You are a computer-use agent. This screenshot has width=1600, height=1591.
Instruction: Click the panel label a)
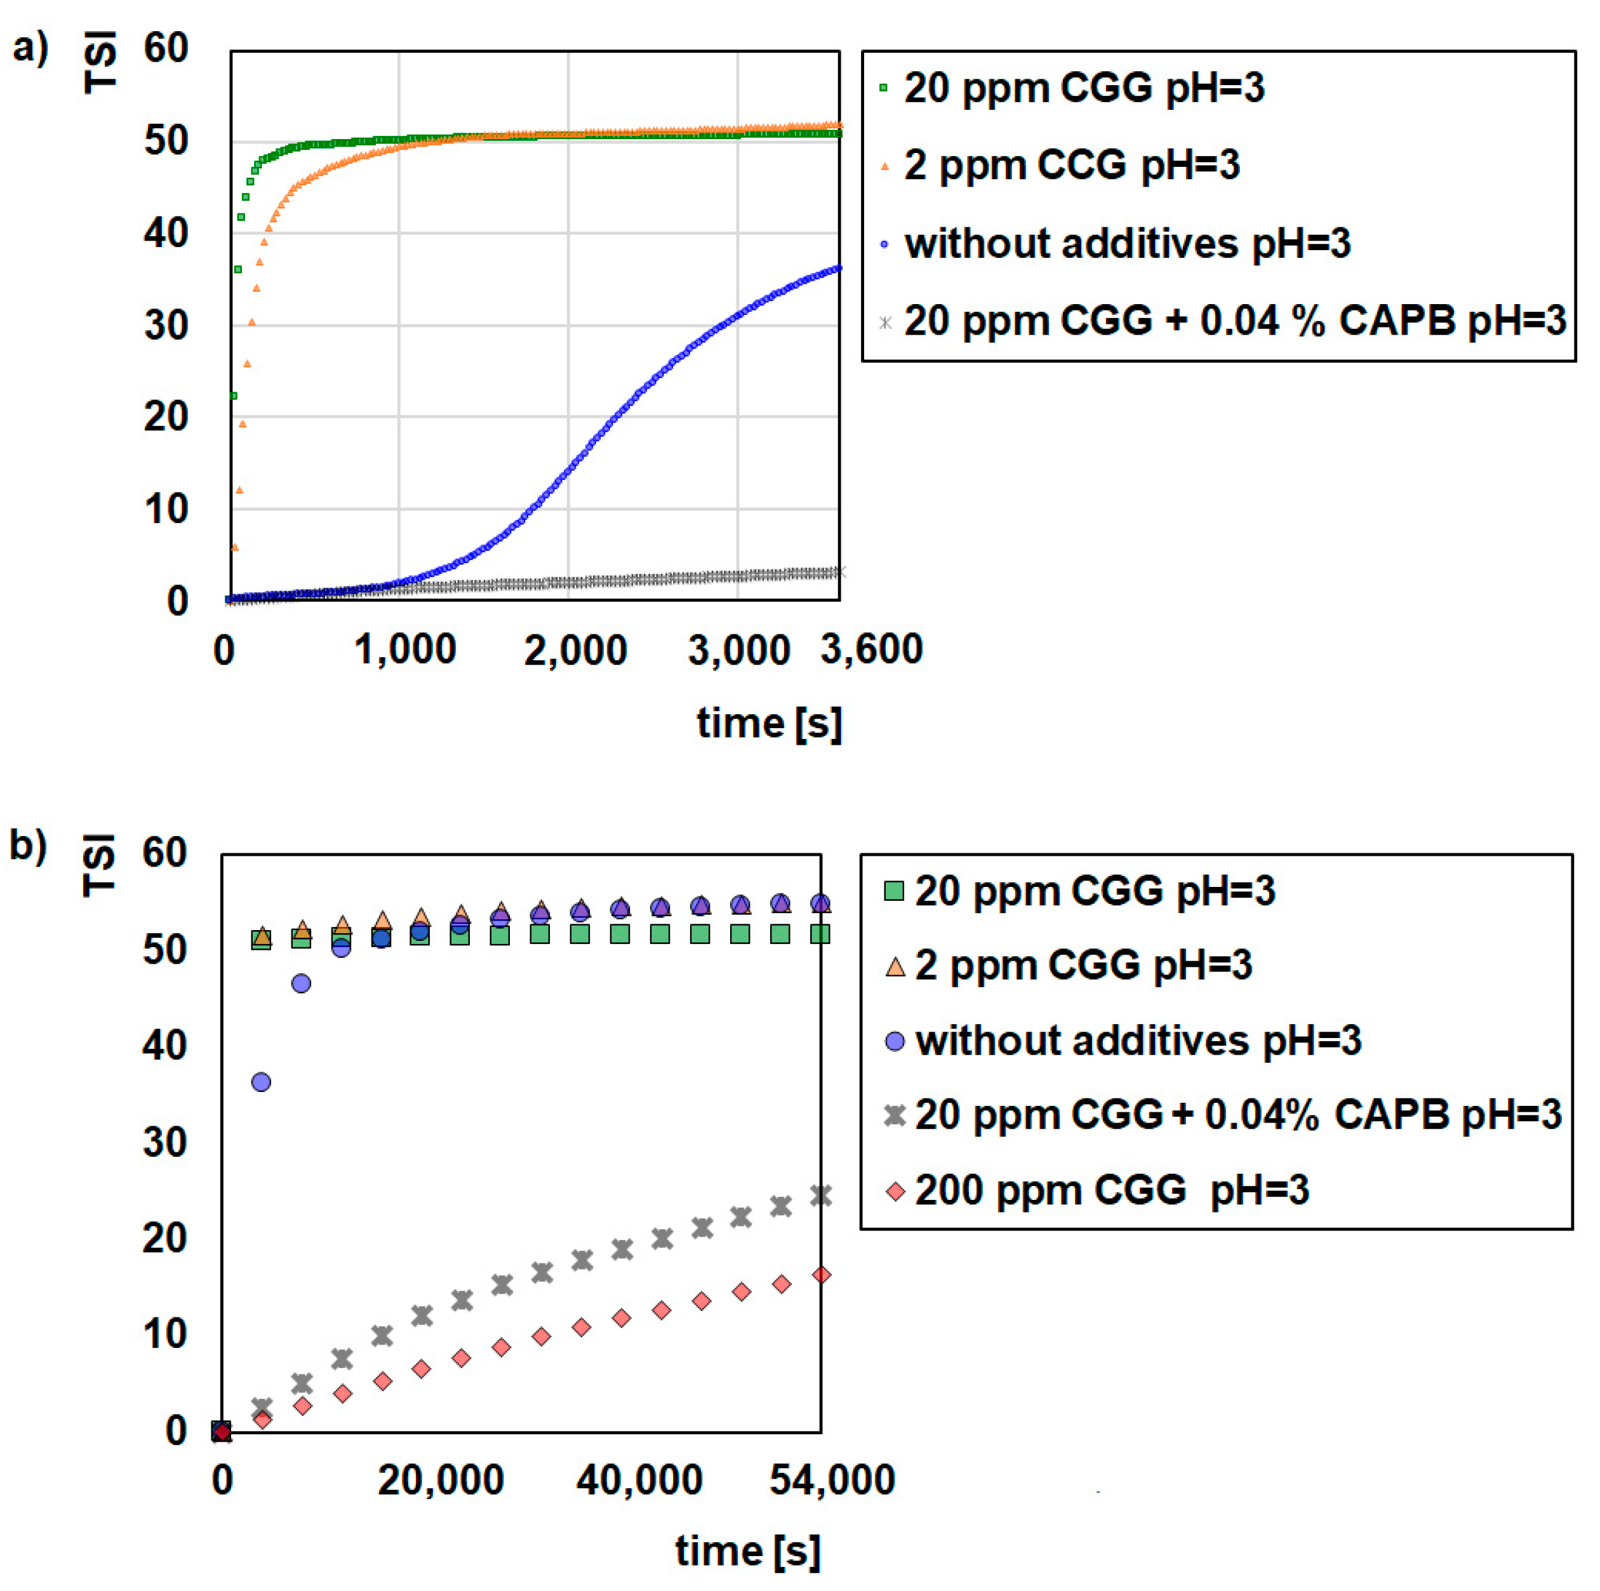(30, 48)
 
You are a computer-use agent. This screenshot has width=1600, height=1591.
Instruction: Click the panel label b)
(27, 846)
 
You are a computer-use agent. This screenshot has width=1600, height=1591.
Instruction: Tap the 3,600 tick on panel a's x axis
(871, 649)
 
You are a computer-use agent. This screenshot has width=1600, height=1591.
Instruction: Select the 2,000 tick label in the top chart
(575, 650)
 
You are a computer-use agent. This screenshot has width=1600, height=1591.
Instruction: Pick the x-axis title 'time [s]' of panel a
(770, 723)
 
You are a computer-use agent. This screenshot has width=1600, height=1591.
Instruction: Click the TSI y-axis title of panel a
(101, 62)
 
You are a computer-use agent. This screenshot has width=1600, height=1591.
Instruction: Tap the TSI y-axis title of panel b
(100, 865)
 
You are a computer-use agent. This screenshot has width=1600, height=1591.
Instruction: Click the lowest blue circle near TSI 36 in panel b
(261, 1082)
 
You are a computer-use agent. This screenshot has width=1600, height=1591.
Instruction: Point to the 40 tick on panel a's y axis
(166, 234)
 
